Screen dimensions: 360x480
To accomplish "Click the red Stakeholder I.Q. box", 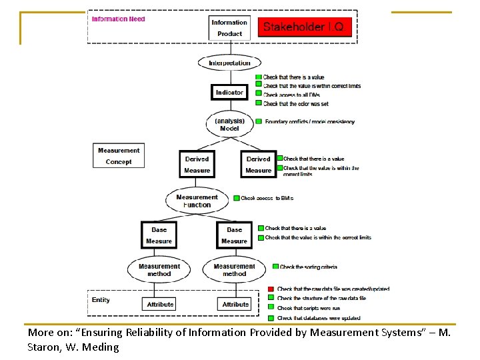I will (304, 27).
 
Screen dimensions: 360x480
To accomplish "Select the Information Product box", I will (230, 28).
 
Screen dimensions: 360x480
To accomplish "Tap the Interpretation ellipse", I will (229, 63).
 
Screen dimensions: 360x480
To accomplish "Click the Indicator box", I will (229, 93).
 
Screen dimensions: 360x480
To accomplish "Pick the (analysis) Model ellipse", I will (229, 125).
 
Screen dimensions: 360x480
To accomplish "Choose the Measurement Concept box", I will (119, 156).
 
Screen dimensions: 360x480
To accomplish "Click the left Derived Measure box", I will (197, 165).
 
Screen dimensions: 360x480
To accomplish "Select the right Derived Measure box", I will (258, 165).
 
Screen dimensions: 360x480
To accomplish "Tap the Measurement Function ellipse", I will (197, 201).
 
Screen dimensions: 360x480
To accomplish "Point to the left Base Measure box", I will (159, 235).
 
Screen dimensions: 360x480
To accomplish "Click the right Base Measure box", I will (234, 235).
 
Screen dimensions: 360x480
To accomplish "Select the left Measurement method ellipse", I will (159, 270).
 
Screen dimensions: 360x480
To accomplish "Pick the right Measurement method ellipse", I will (234, 270).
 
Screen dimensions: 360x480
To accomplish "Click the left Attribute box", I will (160, 304).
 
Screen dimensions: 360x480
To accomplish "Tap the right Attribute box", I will (235, 304).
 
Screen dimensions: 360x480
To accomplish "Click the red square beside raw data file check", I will (271, 289).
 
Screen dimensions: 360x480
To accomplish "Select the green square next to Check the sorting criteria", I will (275, 267).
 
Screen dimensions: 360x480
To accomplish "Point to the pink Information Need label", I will (118, 19).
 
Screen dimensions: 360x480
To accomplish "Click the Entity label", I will (101, 300).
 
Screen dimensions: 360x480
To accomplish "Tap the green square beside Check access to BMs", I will (236, 198).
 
